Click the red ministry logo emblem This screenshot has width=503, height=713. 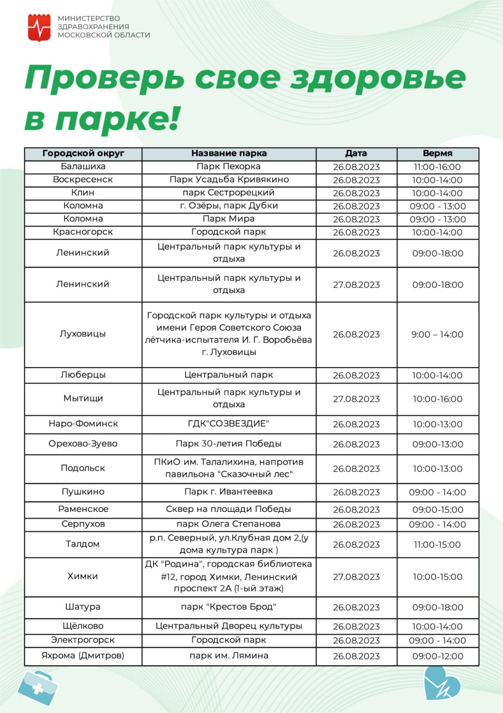39,27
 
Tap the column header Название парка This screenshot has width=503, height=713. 229,154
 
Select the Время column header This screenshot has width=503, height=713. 437,154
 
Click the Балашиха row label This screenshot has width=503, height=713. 83,167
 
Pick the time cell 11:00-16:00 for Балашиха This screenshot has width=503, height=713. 437,167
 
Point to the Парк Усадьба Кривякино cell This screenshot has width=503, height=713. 229,180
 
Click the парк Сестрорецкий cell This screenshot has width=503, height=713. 229,193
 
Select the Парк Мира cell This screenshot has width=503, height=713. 229,219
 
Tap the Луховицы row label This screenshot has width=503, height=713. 83,334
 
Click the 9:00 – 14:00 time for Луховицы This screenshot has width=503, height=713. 437,335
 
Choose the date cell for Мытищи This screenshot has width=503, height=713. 356,399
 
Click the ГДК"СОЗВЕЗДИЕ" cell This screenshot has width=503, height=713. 229,424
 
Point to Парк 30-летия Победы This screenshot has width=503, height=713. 229,444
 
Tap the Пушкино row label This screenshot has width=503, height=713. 83,492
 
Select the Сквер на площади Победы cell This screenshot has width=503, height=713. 229,509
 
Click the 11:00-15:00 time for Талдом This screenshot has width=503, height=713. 437,545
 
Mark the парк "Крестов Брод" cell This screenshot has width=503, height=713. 229,607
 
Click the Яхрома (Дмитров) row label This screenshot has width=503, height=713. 83,656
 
